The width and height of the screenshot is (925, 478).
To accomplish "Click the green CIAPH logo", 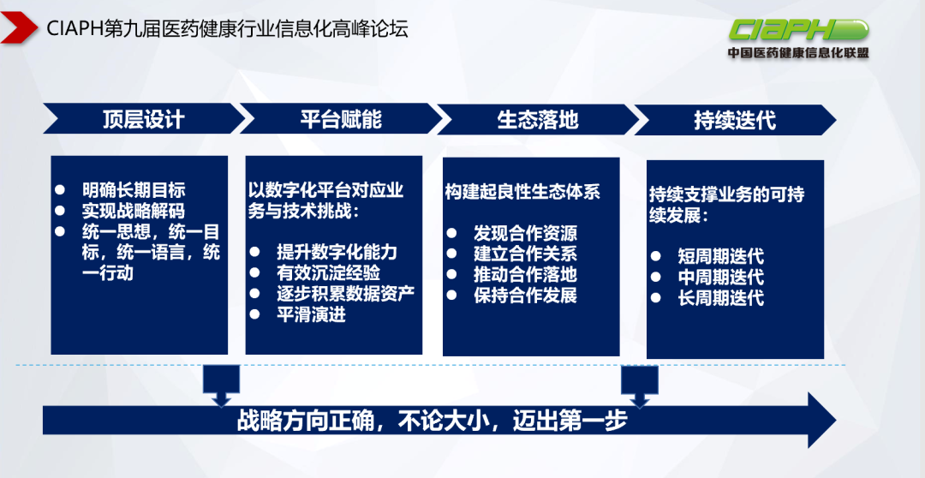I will point(797,29).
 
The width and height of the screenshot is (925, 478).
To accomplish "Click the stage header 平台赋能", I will point(340,119).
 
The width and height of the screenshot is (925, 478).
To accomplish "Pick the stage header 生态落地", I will point(537,119).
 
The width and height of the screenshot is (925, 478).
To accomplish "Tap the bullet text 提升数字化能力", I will point(337,253).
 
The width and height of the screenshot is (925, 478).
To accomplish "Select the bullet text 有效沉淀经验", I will point(328,273).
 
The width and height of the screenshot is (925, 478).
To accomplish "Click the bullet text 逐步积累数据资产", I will point(345,294).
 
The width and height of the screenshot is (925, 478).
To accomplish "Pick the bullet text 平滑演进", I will point(311,314).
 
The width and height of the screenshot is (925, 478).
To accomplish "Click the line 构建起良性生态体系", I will point(522,192).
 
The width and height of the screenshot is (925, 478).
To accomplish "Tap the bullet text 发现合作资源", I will point(525,233).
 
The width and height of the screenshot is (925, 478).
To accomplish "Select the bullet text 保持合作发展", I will point(525,296).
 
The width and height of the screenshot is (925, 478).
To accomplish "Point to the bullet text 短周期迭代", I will point(720,257).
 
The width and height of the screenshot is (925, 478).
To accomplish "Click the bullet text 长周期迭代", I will point(720,298).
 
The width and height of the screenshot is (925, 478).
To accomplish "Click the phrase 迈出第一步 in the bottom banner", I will point(570,421).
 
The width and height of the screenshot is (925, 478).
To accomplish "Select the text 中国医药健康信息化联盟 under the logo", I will point(797,53).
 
